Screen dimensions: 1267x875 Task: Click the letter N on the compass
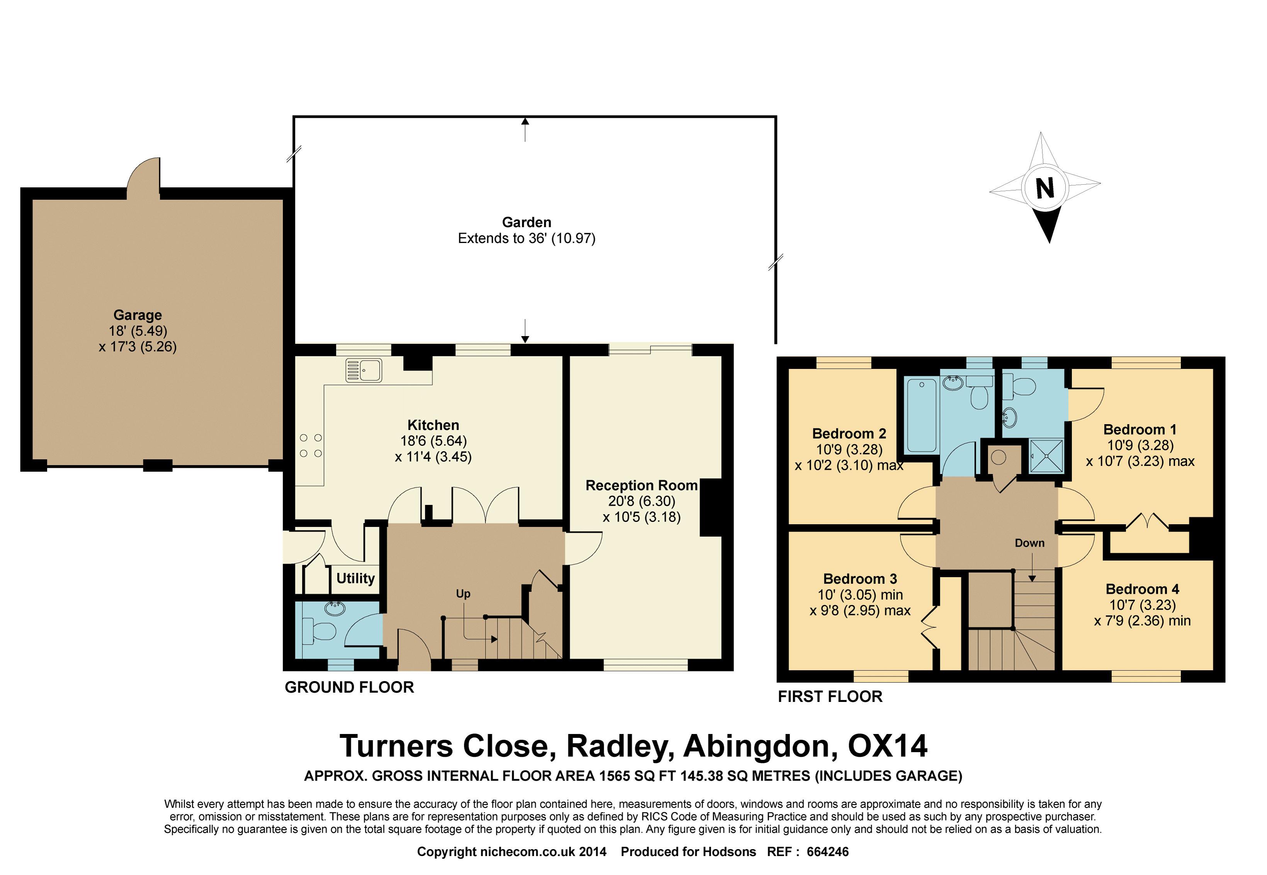pos(1045,188)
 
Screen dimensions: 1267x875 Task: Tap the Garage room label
pos(138,315)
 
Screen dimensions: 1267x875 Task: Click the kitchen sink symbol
pos(363,370)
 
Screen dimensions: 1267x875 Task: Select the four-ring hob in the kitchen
pos(310,446)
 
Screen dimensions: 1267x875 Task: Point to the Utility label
pos(355,578)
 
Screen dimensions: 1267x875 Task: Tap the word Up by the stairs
pos(463,594)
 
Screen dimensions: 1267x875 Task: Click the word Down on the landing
pos(1029,543)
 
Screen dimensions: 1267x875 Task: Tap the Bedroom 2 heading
pos(849,434)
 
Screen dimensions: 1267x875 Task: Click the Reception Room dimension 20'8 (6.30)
pos(642,501)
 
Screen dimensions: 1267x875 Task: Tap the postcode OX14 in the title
pos(888,746)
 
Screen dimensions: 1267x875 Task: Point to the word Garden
pos(527,222)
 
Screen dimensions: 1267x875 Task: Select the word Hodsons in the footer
pos(730,851)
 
